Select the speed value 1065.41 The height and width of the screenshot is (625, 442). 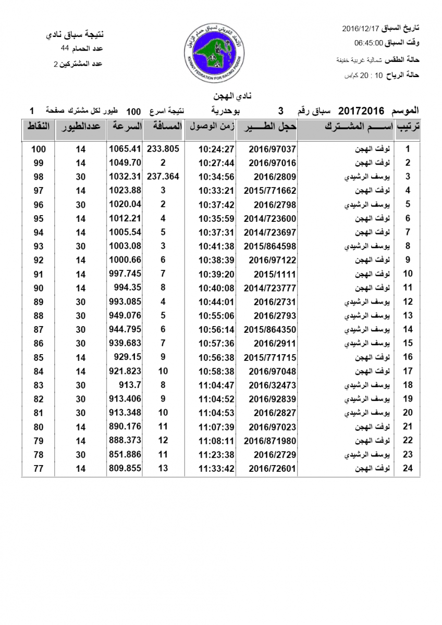click(125, 149)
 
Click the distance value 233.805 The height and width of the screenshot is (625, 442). click(163, 149)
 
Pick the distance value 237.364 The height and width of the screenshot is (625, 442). click(163, 177)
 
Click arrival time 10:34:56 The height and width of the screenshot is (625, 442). click(216, 177)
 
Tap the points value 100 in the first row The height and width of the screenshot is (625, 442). click(39, 149)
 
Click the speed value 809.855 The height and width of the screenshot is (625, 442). click(125, 468)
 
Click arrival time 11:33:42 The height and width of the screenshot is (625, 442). click(216, 468)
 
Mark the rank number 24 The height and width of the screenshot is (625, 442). click(408, 468)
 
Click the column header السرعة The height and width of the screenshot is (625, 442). click(125, 127)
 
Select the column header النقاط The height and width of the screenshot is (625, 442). click(38, 127)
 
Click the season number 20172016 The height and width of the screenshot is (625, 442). click(361, 111)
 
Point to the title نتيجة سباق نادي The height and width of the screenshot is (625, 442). click(75, 35)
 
